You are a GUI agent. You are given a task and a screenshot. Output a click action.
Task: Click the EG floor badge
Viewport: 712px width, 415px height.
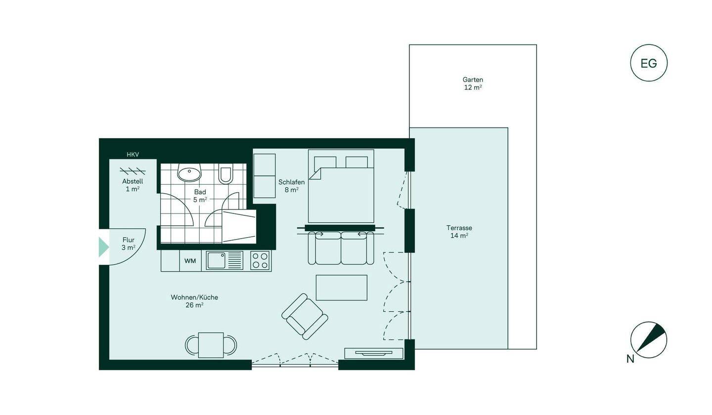[x=649, y=63]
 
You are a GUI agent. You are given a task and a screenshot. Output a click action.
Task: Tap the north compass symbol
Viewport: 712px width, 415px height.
[x=649, y=340]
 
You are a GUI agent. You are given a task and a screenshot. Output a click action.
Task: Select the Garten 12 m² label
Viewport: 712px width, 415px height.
[x=473, y=83]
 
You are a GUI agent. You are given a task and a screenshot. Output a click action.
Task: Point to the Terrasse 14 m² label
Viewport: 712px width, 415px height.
[x=459, y=232]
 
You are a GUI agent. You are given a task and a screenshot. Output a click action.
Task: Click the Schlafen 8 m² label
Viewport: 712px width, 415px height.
[x=291, y=186]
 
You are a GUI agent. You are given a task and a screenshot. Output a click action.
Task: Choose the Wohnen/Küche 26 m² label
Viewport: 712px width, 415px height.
[x=194, y=301]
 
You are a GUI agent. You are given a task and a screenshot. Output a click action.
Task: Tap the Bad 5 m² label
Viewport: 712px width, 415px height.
[x=200, y=196]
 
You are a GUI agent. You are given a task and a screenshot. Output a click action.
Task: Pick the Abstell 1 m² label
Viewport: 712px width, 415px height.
[x=133, y=185]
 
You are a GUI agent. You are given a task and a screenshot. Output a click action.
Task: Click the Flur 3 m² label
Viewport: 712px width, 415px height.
[x=128, y=244]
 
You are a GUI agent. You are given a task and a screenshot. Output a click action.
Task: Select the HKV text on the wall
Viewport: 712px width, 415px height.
[x=133, y=155]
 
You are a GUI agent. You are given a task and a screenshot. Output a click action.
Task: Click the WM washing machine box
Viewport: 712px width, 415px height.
[x=190, y=261]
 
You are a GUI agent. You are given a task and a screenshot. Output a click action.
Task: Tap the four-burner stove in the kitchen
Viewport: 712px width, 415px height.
[x=260, y=260]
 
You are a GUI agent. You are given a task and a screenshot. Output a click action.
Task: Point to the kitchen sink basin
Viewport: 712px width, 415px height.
[x=216, y=260]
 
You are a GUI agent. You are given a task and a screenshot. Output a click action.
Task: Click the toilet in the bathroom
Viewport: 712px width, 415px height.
[x=225, y=174]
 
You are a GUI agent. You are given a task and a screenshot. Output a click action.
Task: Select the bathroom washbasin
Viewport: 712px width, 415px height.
[x=189, y=174]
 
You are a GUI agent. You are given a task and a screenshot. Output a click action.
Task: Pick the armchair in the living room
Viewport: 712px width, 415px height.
[x=305, y=316]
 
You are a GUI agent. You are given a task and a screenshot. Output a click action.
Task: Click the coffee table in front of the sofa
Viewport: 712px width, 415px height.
[x=341, y=288]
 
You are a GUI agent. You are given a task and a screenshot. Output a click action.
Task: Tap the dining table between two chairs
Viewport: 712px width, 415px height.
[x=211, y=345]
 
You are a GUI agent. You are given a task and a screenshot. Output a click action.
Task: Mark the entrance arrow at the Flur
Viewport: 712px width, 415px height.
[x=103, y=247]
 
